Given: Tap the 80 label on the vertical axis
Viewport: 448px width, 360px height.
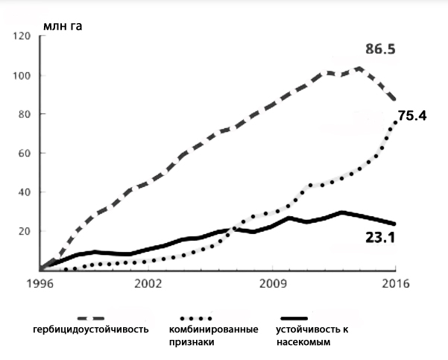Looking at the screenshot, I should pos(22,114).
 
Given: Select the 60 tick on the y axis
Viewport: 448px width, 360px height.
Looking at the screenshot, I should pos(22,154).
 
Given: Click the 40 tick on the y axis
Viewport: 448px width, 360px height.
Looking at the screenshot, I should pos(22,192).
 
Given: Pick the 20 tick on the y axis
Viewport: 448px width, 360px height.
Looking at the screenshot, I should pos(22,231).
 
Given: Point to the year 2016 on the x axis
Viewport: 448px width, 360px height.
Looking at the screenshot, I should pos(396,284).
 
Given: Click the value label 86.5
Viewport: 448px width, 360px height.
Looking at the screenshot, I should pos(379,50).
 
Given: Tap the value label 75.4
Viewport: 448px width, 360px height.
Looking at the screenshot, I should pos(413,116).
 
